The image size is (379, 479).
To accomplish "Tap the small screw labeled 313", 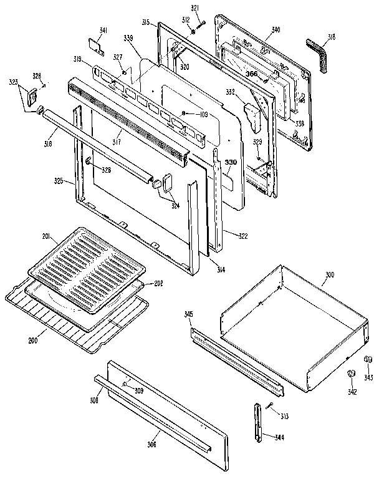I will click(x=271, y=407).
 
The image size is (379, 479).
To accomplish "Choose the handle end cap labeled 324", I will click(x=168, y=181).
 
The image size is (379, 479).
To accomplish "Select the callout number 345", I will click(x=188, y=315).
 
